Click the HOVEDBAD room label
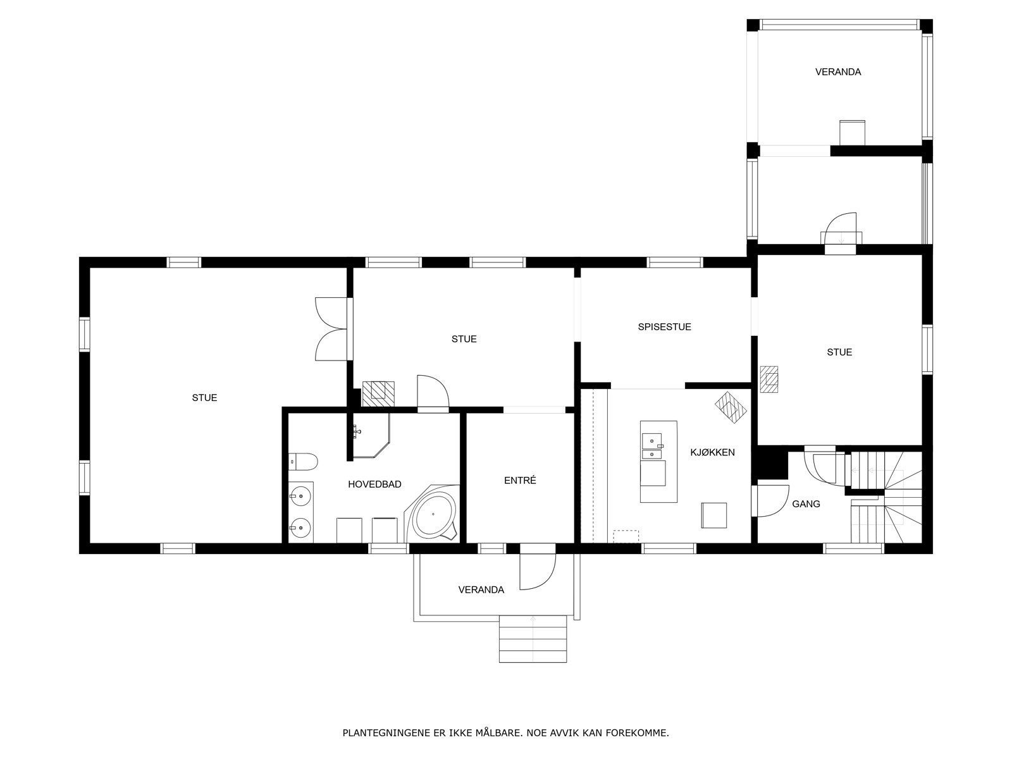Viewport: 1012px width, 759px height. tap(374, 484)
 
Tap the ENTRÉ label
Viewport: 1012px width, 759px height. tap(520, 480)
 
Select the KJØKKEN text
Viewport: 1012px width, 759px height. tap(712, 452)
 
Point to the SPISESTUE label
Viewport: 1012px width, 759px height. tap(664, 327)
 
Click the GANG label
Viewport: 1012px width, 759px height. tap(806, 503)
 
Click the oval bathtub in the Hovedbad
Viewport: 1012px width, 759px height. tap(433, 514)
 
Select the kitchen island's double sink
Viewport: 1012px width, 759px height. tap(652, 447)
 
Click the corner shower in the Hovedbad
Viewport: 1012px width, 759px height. tap(371, 436)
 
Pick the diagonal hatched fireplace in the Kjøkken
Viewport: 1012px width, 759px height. tap(731, 407)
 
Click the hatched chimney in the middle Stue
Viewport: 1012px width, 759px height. tap(378, 394)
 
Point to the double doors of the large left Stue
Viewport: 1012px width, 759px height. tap(331, 329)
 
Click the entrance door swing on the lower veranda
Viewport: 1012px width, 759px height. tap(538, 572)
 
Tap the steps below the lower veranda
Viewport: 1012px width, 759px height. tap(533, 639)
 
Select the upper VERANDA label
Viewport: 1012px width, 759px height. tap(837, 72)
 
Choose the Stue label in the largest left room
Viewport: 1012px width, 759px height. tap(204, 398)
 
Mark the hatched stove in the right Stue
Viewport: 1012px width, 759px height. tap(769, 379)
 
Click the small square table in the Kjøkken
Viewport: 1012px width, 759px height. tap(713, 515)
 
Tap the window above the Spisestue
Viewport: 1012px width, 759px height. tap(675, 262)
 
